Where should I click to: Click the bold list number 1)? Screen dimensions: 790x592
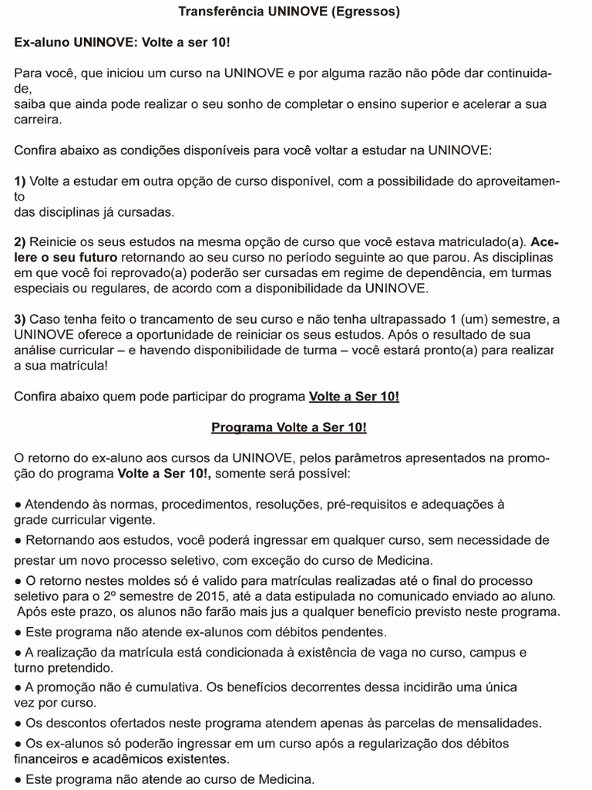[x=20, y=181]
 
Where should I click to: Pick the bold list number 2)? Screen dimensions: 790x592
[x=20, y=241]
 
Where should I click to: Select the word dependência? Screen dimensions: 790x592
[x=406, y=272]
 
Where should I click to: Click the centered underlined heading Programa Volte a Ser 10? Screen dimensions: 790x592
[x=289, y=427]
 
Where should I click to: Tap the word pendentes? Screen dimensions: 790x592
[x=351, y=631]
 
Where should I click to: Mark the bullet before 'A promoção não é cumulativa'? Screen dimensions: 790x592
[x=18, y=687]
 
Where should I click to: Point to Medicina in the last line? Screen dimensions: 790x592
[x=285, y=779]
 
